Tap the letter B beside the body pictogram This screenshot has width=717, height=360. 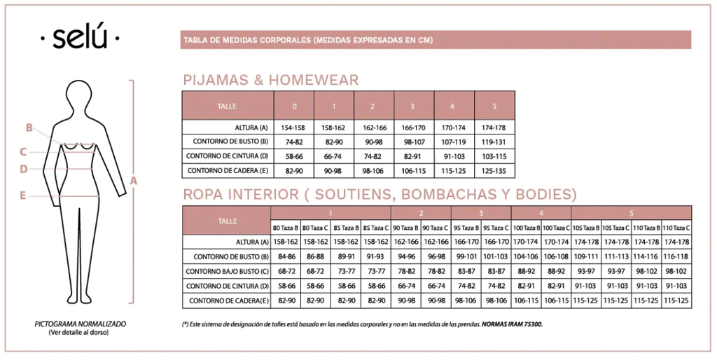(29, 127)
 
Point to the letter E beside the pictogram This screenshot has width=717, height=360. (22, 196)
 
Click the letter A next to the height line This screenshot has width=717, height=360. (134, 181)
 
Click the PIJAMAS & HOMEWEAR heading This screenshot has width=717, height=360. (270, 80)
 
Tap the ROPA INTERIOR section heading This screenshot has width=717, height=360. (380, 194)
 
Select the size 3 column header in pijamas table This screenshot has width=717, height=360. (412, 106)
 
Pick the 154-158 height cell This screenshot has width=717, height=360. (294, 127)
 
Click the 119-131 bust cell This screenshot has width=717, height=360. (494, 141)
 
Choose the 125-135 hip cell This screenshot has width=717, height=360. (494, 170)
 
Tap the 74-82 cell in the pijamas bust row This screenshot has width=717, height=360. (294, 141)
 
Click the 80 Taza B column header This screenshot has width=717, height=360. (286, 228)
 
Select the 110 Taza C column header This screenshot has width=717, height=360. (676, 228)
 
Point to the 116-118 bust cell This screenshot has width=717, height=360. (676, 256)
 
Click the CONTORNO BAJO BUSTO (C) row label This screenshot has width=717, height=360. (227, 271)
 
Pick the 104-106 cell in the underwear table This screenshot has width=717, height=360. (526, 256)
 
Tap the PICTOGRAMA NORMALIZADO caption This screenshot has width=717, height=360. (80, 324)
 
